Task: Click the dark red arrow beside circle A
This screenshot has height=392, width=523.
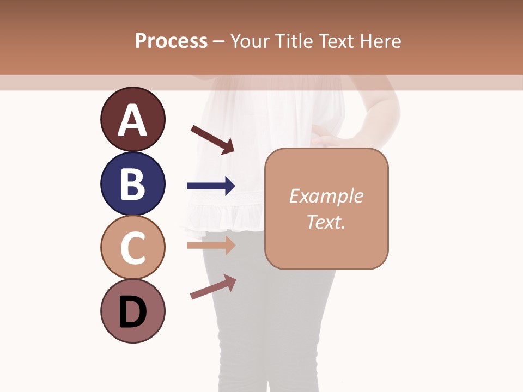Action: [x=212, y=139]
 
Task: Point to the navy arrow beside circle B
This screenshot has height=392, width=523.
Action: [x=211, y=186]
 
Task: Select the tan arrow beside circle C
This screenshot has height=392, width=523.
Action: [x=211, y=245]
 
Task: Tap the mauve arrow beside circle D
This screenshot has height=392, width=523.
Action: [x=213, y=287]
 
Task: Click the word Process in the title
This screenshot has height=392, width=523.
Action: [x=171, y=41]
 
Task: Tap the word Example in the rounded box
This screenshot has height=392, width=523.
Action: [x=326, y=196]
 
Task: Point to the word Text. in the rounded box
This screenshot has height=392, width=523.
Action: [x=326, y=222]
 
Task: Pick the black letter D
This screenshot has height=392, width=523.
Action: [x=132, y=312]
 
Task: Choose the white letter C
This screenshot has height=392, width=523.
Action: [x=132, y=248]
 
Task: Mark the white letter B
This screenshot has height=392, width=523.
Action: [x=132, y=184]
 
